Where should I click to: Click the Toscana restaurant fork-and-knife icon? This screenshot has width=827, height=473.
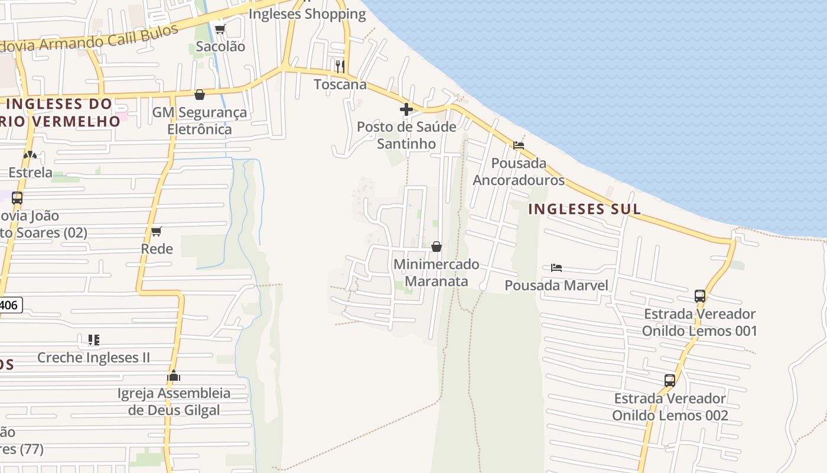click(x=340, y=66)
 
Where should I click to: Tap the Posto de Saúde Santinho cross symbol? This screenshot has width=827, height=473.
click(x=406, y=109)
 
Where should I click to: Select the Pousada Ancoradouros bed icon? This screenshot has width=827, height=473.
click(x=519, y=145)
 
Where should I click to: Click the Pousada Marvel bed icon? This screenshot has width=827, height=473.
click(x=556, y=268)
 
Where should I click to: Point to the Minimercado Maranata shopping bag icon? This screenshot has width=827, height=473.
click(x=437, y=246)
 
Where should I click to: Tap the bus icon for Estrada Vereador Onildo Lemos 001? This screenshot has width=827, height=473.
click(x=700, y=296)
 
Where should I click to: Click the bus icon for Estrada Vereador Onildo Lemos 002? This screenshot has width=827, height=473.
click(x=670, y=380)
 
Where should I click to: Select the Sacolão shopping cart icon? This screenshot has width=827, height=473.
click(x=220, y=29)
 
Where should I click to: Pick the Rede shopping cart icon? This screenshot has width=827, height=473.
click(x=157, y=231)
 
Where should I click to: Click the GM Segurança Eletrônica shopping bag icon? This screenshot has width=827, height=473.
click(x=200, y=95)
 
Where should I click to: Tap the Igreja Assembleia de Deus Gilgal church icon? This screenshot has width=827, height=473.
click(x=174, y=375)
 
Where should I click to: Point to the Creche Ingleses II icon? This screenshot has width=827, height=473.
click(x=93, y=340)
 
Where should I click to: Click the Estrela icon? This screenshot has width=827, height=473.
click(x=30, y=155)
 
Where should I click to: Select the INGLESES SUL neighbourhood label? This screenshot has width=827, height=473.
click(x=584, y=209)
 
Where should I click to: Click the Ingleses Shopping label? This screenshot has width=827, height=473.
click(x=307, y=14)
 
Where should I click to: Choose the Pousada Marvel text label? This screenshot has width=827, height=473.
click(x=556, y=286)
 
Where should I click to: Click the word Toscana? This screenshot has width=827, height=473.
click(x=340, y=84)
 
